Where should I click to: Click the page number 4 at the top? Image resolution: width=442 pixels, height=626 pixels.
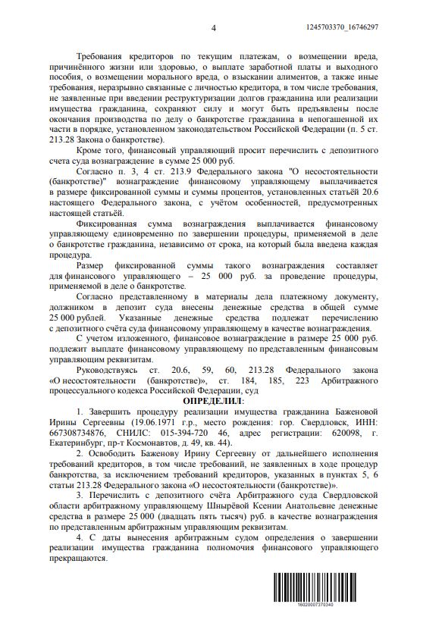point(213,28)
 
